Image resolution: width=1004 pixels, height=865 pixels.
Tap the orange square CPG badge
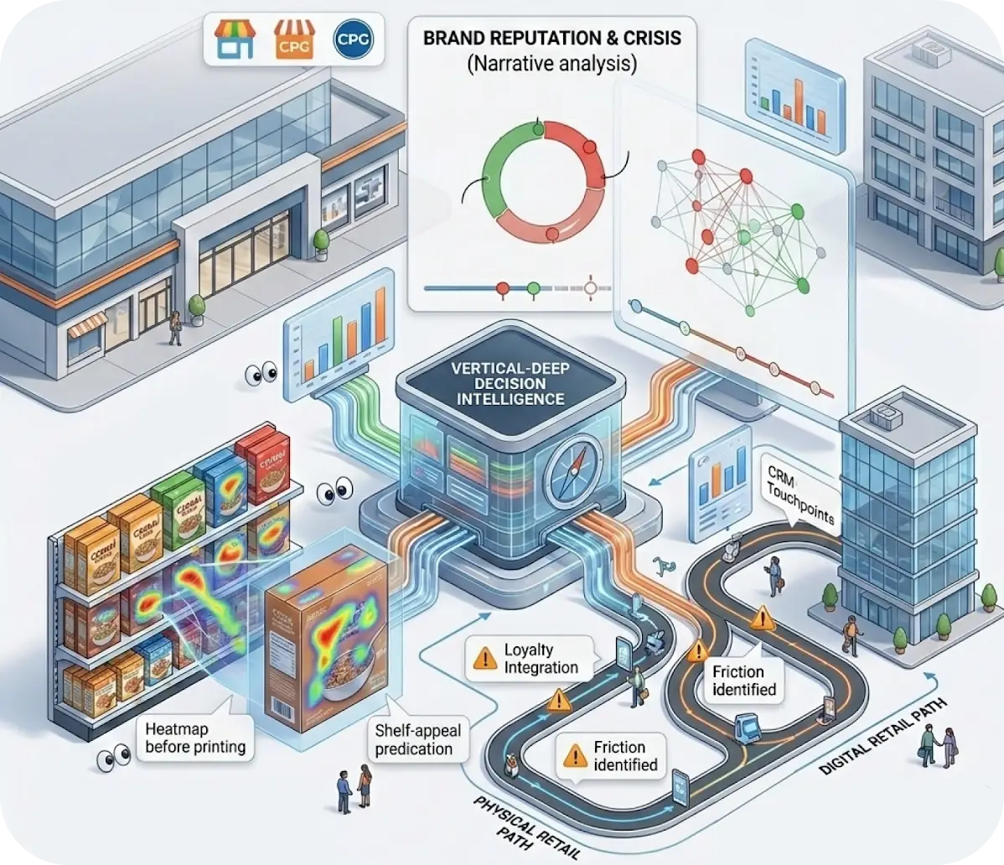click(290, 39)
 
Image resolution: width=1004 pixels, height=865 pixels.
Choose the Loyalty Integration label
click(541, 659)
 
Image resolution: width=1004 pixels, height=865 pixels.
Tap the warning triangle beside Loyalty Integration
click(483, 660)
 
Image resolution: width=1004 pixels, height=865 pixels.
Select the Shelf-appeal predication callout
click(413, 738)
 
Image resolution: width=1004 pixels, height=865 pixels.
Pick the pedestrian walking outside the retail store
click(175, 328)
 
